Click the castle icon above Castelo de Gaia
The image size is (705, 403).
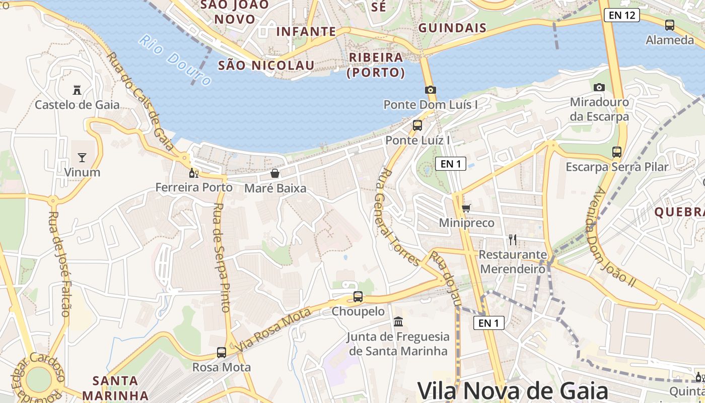point(77,90)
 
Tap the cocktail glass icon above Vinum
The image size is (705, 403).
point(82,158)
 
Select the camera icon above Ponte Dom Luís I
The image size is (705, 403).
point(430,90)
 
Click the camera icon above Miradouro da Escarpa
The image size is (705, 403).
point(599,88)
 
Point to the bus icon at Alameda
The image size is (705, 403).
point(670,25)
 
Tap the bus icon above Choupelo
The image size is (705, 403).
point(358,297)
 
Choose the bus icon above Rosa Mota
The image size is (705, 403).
point(222,353)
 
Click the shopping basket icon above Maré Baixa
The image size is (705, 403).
point(275,174)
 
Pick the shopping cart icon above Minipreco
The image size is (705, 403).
point(466,208)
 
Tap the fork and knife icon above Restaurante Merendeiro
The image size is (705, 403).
point(513,239)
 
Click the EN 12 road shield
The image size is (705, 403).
point(622,15)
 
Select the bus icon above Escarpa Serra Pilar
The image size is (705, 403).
point(617,152)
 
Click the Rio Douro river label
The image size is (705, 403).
point(175,60)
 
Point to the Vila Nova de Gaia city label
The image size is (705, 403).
point(513,390)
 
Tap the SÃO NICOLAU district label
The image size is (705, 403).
point(266,65)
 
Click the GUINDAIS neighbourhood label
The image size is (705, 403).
point(452,28)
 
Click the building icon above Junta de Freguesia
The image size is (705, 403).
point(398,321)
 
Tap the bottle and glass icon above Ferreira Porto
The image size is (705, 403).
point(194,173)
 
